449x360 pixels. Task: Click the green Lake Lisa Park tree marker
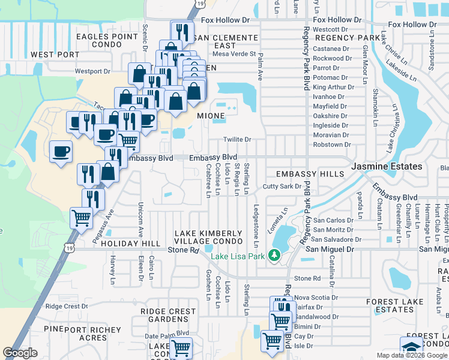click(275, 256)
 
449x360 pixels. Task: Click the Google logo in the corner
click(20, 353)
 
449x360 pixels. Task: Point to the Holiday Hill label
click(130, 244)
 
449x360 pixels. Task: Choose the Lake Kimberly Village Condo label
click(208, 238)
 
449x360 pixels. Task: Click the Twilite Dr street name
click(237, 139)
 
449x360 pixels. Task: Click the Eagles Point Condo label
click(107, 41)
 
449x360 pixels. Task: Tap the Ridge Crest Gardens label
click(168, 316)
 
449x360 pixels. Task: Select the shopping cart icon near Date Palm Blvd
click(180, 347)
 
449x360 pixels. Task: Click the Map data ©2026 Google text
click(411, 355)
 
